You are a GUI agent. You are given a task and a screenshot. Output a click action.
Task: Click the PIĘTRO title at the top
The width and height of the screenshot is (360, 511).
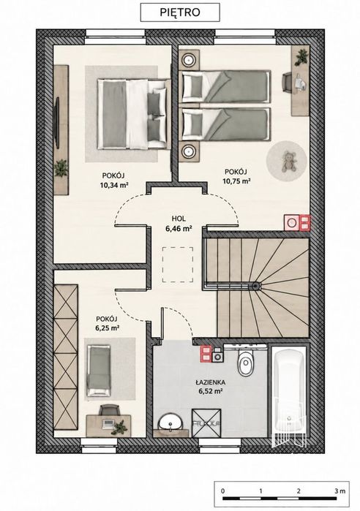tap(180, 12)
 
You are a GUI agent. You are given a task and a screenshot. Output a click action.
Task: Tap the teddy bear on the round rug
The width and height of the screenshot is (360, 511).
tap(288, 161)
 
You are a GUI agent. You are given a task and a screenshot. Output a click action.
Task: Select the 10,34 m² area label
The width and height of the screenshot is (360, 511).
tap(114, 186)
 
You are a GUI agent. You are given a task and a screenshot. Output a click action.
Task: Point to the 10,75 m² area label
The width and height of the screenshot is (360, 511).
tap(236, 181)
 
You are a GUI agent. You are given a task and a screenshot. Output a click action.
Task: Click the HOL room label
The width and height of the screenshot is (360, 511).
tap(179, 219)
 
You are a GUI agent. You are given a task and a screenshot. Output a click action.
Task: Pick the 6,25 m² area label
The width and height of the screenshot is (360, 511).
tap(107, 328)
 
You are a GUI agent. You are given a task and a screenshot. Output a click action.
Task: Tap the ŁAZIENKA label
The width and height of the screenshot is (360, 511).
tap(210, 382)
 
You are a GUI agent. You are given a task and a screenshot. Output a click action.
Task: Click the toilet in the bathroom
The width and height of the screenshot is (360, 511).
tap(245, 361)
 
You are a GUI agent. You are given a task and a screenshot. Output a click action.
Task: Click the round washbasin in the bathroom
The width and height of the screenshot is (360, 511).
tap(170, 424)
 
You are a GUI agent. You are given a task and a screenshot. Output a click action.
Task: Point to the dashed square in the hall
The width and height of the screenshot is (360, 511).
tap(178, 265)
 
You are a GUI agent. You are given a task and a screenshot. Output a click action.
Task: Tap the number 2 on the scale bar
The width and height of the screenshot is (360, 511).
tap(299, 491)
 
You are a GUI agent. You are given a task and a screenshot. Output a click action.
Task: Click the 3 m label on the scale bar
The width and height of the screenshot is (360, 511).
tap(340, 491)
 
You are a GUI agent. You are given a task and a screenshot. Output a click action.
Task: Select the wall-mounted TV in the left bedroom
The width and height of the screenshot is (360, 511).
tap(57, 123)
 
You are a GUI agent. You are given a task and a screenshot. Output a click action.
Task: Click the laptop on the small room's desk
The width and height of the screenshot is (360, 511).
tap(108, 424)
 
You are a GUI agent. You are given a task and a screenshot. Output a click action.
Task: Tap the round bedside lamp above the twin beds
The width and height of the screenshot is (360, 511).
tap(189, 60)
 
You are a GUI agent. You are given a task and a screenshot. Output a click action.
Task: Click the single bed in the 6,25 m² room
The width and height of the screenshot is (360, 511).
tap(99, 371)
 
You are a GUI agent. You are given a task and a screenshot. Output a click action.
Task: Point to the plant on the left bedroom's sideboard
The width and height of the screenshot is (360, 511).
tap(61, 168)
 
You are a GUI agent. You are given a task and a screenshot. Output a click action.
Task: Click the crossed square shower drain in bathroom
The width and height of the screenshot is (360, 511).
tap(206, 423)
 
